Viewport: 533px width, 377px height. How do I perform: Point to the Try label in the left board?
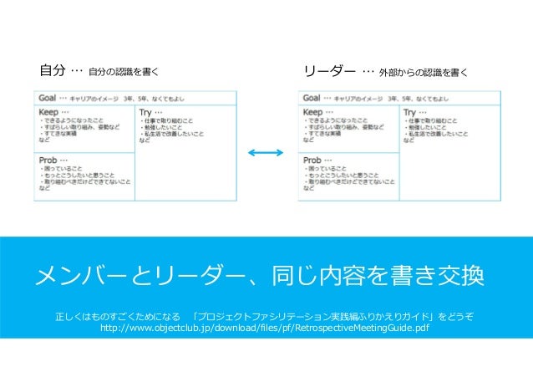point(147,111)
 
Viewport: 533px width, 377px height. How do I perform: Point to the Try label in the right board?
point(413,111)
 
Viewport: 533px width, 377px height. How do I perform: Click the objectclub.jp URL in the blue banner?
point(265,328)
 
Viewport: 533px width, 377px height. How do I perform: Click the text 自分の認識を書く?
point(123,72)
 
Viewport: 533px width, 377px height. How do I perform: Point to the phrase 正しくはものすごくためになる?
point(118,315)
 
